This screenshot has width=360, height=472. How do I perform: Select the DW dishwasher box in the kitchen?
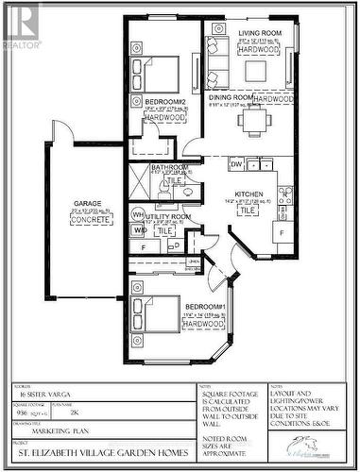235,163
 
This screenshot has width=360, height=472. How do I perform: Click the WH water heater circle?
138,215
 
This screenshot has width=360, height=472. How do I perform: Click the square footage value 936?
21,413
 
